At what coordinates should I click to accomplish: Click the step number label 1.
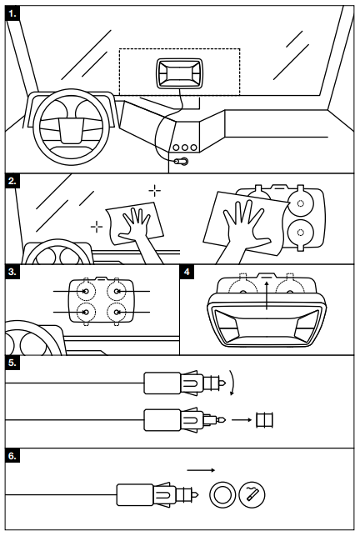point(12,14)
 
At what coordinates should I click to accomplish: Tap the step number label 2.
point(12,181)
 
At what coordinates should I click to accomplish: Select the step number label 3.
point(12,272)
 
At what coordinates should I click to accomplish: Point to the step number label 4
point(187,272)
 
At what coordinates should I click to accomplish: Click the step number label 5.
point(12,363)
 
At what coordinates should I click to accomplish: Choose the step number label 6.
point(12,456)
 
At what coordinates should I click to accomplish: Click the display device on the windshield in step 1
point(178,73)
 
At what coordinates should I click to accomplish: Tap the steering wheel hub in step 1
point(71,131)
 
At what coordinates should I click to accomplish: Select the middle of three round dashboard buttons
point(185,148)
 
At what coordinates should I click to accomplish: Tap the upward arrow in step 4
point(267,296)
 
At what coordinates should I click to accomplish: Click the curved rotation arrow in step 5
point(233,383)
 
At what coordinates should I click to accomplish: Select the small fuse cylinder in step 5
point(265,420)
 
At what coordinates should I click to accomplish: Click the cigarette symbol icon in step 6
point(252,494)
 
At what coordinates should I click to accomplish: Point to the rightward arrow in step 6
point(201,470)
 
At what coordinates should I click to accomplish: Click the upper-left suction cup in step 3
point(86,291)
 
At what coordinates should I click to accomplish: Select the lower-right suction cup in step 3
point(117,313)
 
